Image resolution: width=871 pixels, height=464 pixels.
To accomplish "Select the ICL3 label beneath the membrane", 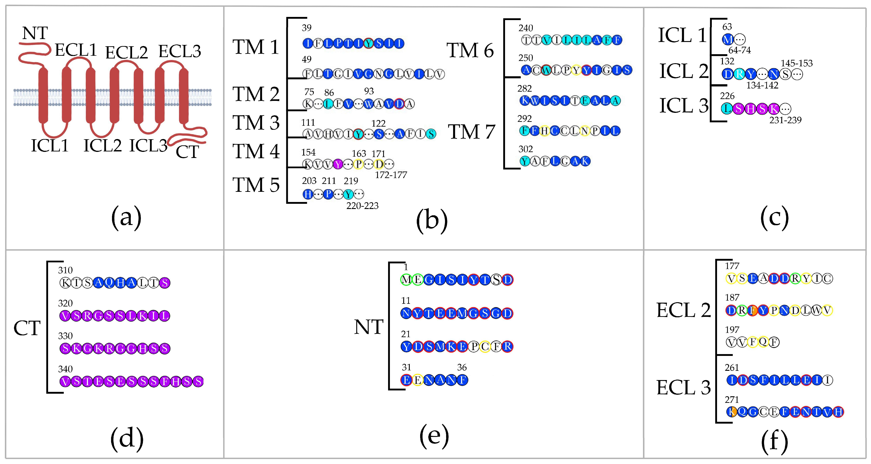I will pyautogui.click(x=148, y=146).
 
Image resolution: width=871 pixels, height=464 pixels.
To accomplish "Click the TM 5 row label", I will pyautogui.click(x=256, y=185).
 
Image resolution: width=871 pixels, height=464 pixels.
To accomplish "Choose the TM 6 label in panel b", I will pyautogui.click(x=470, y=51).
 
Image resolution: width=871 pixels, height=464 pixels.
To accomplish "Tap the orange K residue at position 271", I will pyautogui.click(x=731, y=412).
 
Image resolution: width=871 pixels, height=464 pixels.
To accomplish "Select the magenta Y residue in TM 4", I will pyautogui.click(x=338, y=165).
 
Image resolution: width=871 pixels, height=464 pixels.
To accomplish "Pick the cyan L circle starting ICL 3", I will pyautogui.click(x=727, y=109).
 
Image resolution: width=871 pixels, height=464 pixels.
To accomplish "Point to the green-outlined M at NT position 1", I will pyautogui.click(x=406, y=280).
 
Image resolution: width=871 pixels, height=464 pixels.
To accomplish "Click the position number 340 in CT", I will pyautogui.click(x=65, y=369).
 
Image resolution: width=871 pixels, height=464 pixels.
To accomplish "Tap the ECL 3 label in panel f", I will pyautogui.click(x=683, y=388).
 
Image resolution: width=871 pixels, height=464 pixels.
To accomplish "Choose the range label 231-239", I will pyautogui.click(x=785, y=120).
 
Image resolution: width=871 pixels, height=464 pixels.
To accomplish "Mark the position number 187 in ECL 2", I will pyautogui.click(x=732, y=298).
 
